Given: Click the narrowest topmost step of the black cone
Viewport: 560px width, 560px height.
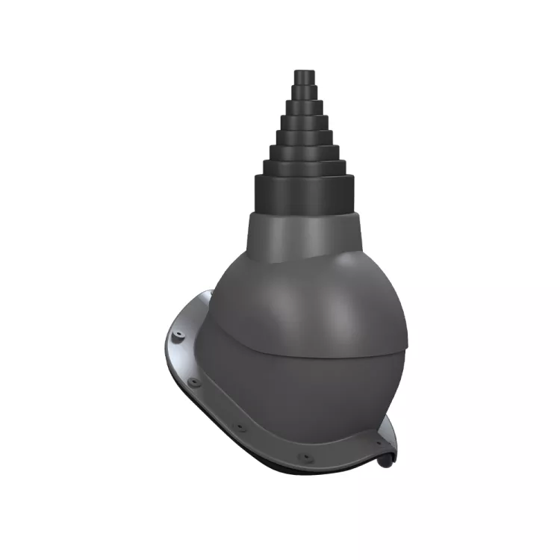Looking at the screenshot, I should (x=304, y=76).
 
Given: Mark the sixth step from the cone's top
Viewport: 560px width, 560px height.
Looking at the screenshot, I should (x=304, y=152).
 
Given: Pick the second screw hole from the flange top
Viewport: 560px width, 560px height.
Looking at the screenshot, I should (x=196, y=382).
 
